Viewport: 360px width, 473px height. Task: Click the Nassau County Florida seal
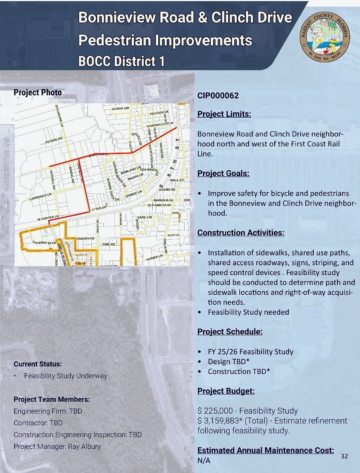point(325,37)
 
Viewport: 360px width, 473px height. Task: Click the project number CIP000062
point(218,95)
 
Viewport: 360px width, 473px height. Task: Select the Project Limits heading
point(224,114)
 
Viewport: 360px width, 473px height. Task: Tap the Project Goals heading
point(223,174)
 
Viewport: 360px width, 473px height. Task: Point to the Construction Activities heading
point(241,233)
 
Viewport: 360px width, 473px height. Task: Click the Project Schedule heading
point(230,332)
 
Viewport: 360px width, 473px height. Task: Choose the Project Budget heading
point(226,391)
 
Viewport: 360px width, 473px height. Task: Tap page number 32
point(345,456)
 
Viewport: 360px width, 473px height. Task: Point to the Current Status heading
point(38,364)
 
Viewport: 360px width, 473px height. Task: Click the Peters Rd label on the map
point(54,139)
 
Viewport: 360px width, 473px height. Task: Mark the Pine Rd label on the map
point(109,245)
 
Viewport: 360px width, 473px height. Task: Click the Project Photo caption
point(38,93)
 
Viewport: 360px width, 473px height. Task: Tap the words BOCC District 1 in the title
point(122,61)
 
